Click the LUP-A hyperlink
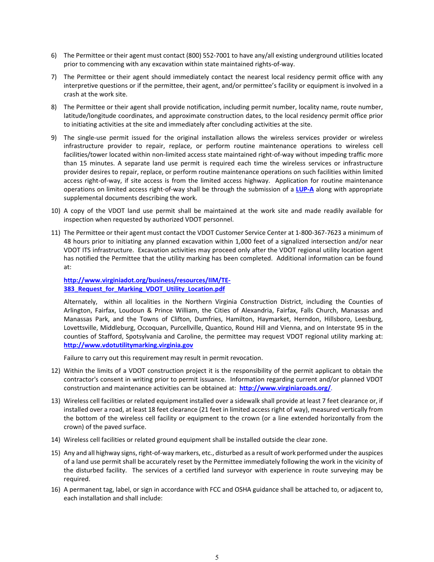coord(305,189)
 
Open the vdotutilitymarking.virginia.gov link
coord(128,345)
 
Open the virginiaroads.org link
coord(285,388)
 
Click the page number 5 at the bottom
coord(217,557)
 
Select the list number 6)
coord(53,55)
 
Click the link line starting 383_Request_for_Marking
coord(144,289)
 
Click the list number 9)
coord(53,138)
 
